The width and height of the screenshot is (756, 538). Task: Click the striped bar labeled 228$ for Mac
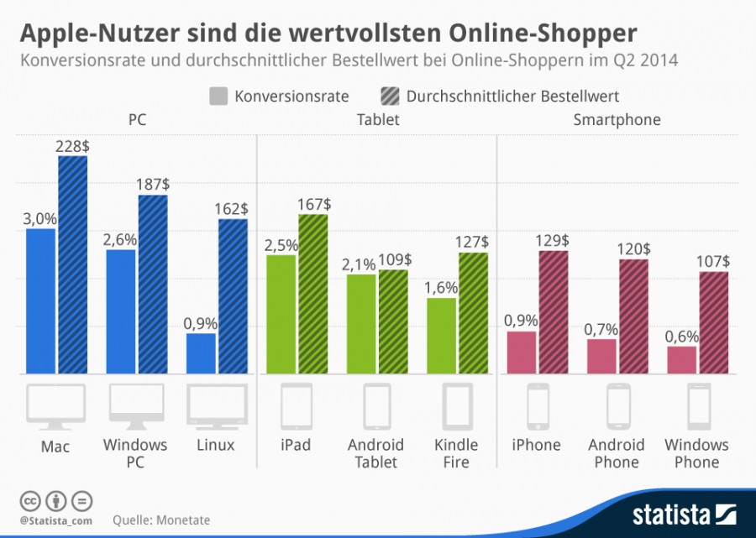72,265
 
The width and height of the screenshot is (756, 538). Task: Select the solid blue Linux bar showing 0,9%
202,353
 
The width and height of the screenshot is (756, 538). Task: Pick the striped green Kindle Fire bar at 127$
473,313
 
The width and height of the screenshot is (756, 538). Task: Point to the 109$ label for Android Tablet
395,259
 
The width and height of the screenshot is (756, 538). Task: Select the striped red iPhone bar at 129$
554,312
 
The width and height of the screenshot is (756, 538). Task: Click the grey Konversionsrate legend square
218,96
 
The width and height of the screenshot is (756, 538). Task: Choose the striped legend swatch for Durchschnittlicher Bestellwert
391,96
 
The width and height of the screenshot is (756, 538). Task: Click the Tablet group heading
377,120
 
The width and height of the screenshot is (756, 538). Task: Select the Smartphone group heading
617,120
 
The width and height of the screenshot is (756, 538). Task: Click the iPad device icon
296,405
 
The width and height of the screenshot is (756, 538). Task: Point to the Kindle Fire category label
456,453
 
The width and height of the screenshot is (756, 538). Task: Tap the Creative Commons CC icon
29,502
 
